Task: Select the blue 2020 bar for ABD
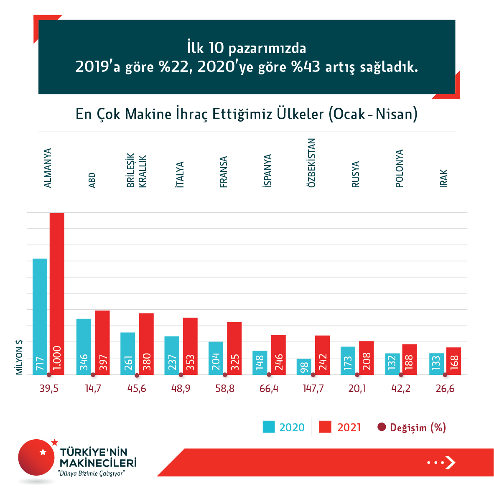tap(84, 346)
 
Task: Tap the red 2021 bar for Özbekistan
tap(322, 355)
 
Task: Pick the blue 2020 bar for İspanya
tap(260, 362)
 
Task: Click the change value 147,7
tap(313, 389)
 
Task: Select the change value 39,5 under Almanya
tap(49, 389)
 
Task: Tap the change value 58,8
tap(225, 389)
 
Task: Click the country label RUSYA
tap(355, 174)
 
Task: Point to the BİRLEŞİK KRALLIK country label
tap(137, 171)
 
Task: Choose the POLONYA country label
tap(399, 168)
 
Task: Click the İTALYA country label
tap(180, 174)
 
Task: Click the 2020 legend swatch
tap(269, 427)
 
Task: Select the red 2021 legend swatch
tap(325, 427)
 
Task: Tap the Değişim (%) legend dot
tap(381, 427)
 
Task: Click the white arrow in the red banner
tap(450, 462)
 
